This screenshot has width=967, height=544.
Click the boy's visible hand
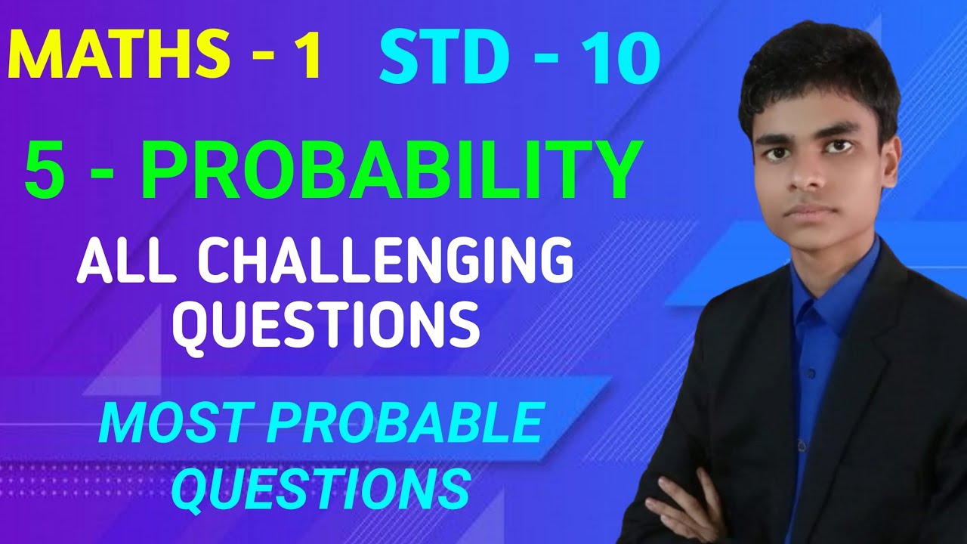(x=684, y=502)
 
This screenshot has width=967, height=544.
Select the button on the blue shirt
(x=810, y=374)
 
